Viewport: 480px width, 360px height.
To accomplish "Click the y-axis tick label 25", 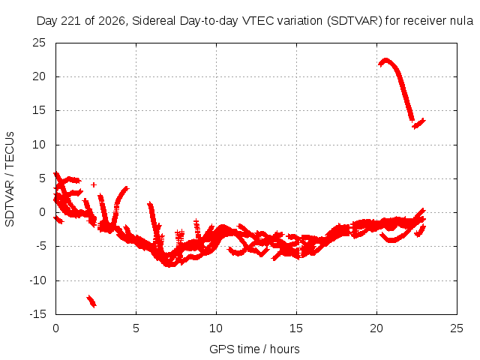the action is tap(39, 43).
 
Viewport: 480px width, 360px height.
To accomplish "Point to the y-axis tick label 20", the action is tap(39, 76).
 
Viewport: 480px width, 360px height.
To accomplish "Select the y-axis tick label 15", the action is tap(39, 110).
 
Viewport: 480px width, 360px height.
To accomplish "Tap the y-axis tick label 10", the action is tap(39, 145).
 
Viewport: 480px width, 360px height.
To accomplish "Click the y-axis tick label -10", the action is tap(37, 280).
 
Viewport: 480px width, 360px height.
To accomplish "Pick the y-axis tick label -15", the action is tap(37, 314).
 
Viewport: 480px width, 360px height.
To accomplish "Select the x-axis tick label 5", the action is tap(136, 328).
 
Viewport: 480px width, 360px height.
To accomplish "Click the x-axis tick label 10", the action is tap(216, 328).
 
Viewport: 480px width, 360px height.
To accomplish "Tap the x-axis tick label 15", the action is tap(296, 328).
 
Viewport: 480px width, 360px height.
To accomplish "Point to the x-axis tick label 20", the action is tap(376, 328).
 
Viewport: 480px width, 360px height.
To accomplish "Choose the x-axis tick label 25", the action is tap(457, 328).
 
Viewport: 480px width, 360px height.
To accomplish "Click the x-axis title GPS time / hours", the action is tap(254, 349).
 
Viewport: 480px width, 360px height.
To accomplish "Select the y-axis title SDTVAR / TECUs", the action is tap(10, 179).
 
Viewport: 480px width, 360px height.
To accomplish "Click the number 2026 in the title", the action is tap(112, 21).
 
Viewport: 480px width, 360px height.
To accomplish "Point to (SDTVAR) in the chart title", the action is tap(355, 21).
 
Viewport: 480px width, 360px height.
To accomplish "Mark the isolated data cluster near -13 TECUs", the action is tap(91, 301).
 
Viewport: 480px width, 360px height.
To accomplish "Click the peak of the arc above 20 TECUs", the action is tap(385, 59).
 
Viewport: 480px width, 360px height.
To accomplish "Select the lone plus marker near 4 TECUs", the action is tap(94, 184).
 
